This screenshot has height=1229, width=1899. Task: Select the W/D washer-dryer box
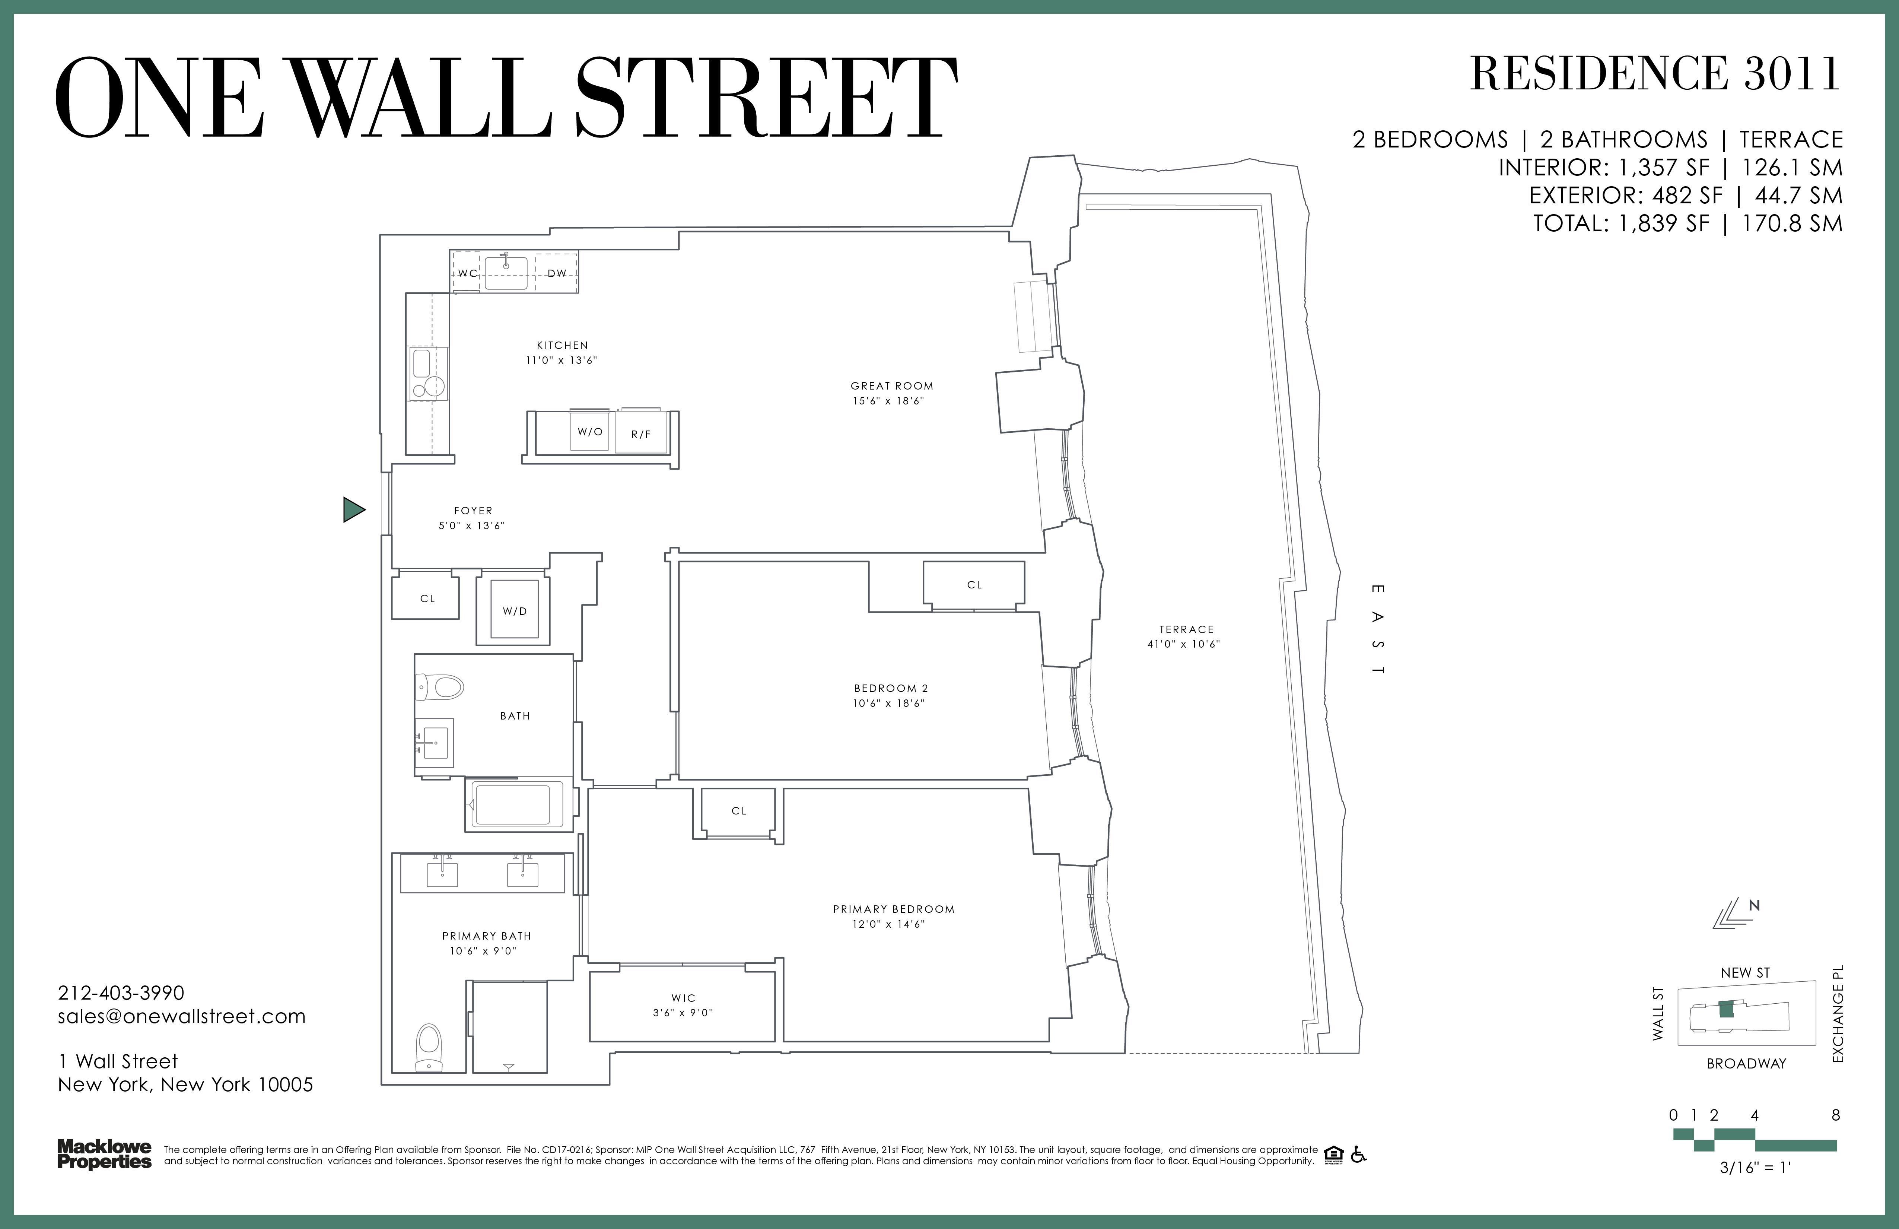(515, 610)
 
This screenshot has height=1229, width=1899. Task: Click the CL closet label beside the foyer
(428, 598)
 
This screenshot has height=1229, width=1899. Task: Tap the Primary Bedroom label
(894, 909)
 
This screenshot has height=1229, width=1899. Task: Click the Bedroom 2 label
(890, 688)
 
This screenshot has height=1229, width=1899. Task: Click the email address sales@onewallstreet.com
(182, 1016)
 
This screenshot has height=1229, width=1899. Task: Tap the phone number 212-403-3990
(121, 993)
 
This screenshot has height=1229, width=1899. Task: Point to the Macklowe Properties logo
(105, 1154)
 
